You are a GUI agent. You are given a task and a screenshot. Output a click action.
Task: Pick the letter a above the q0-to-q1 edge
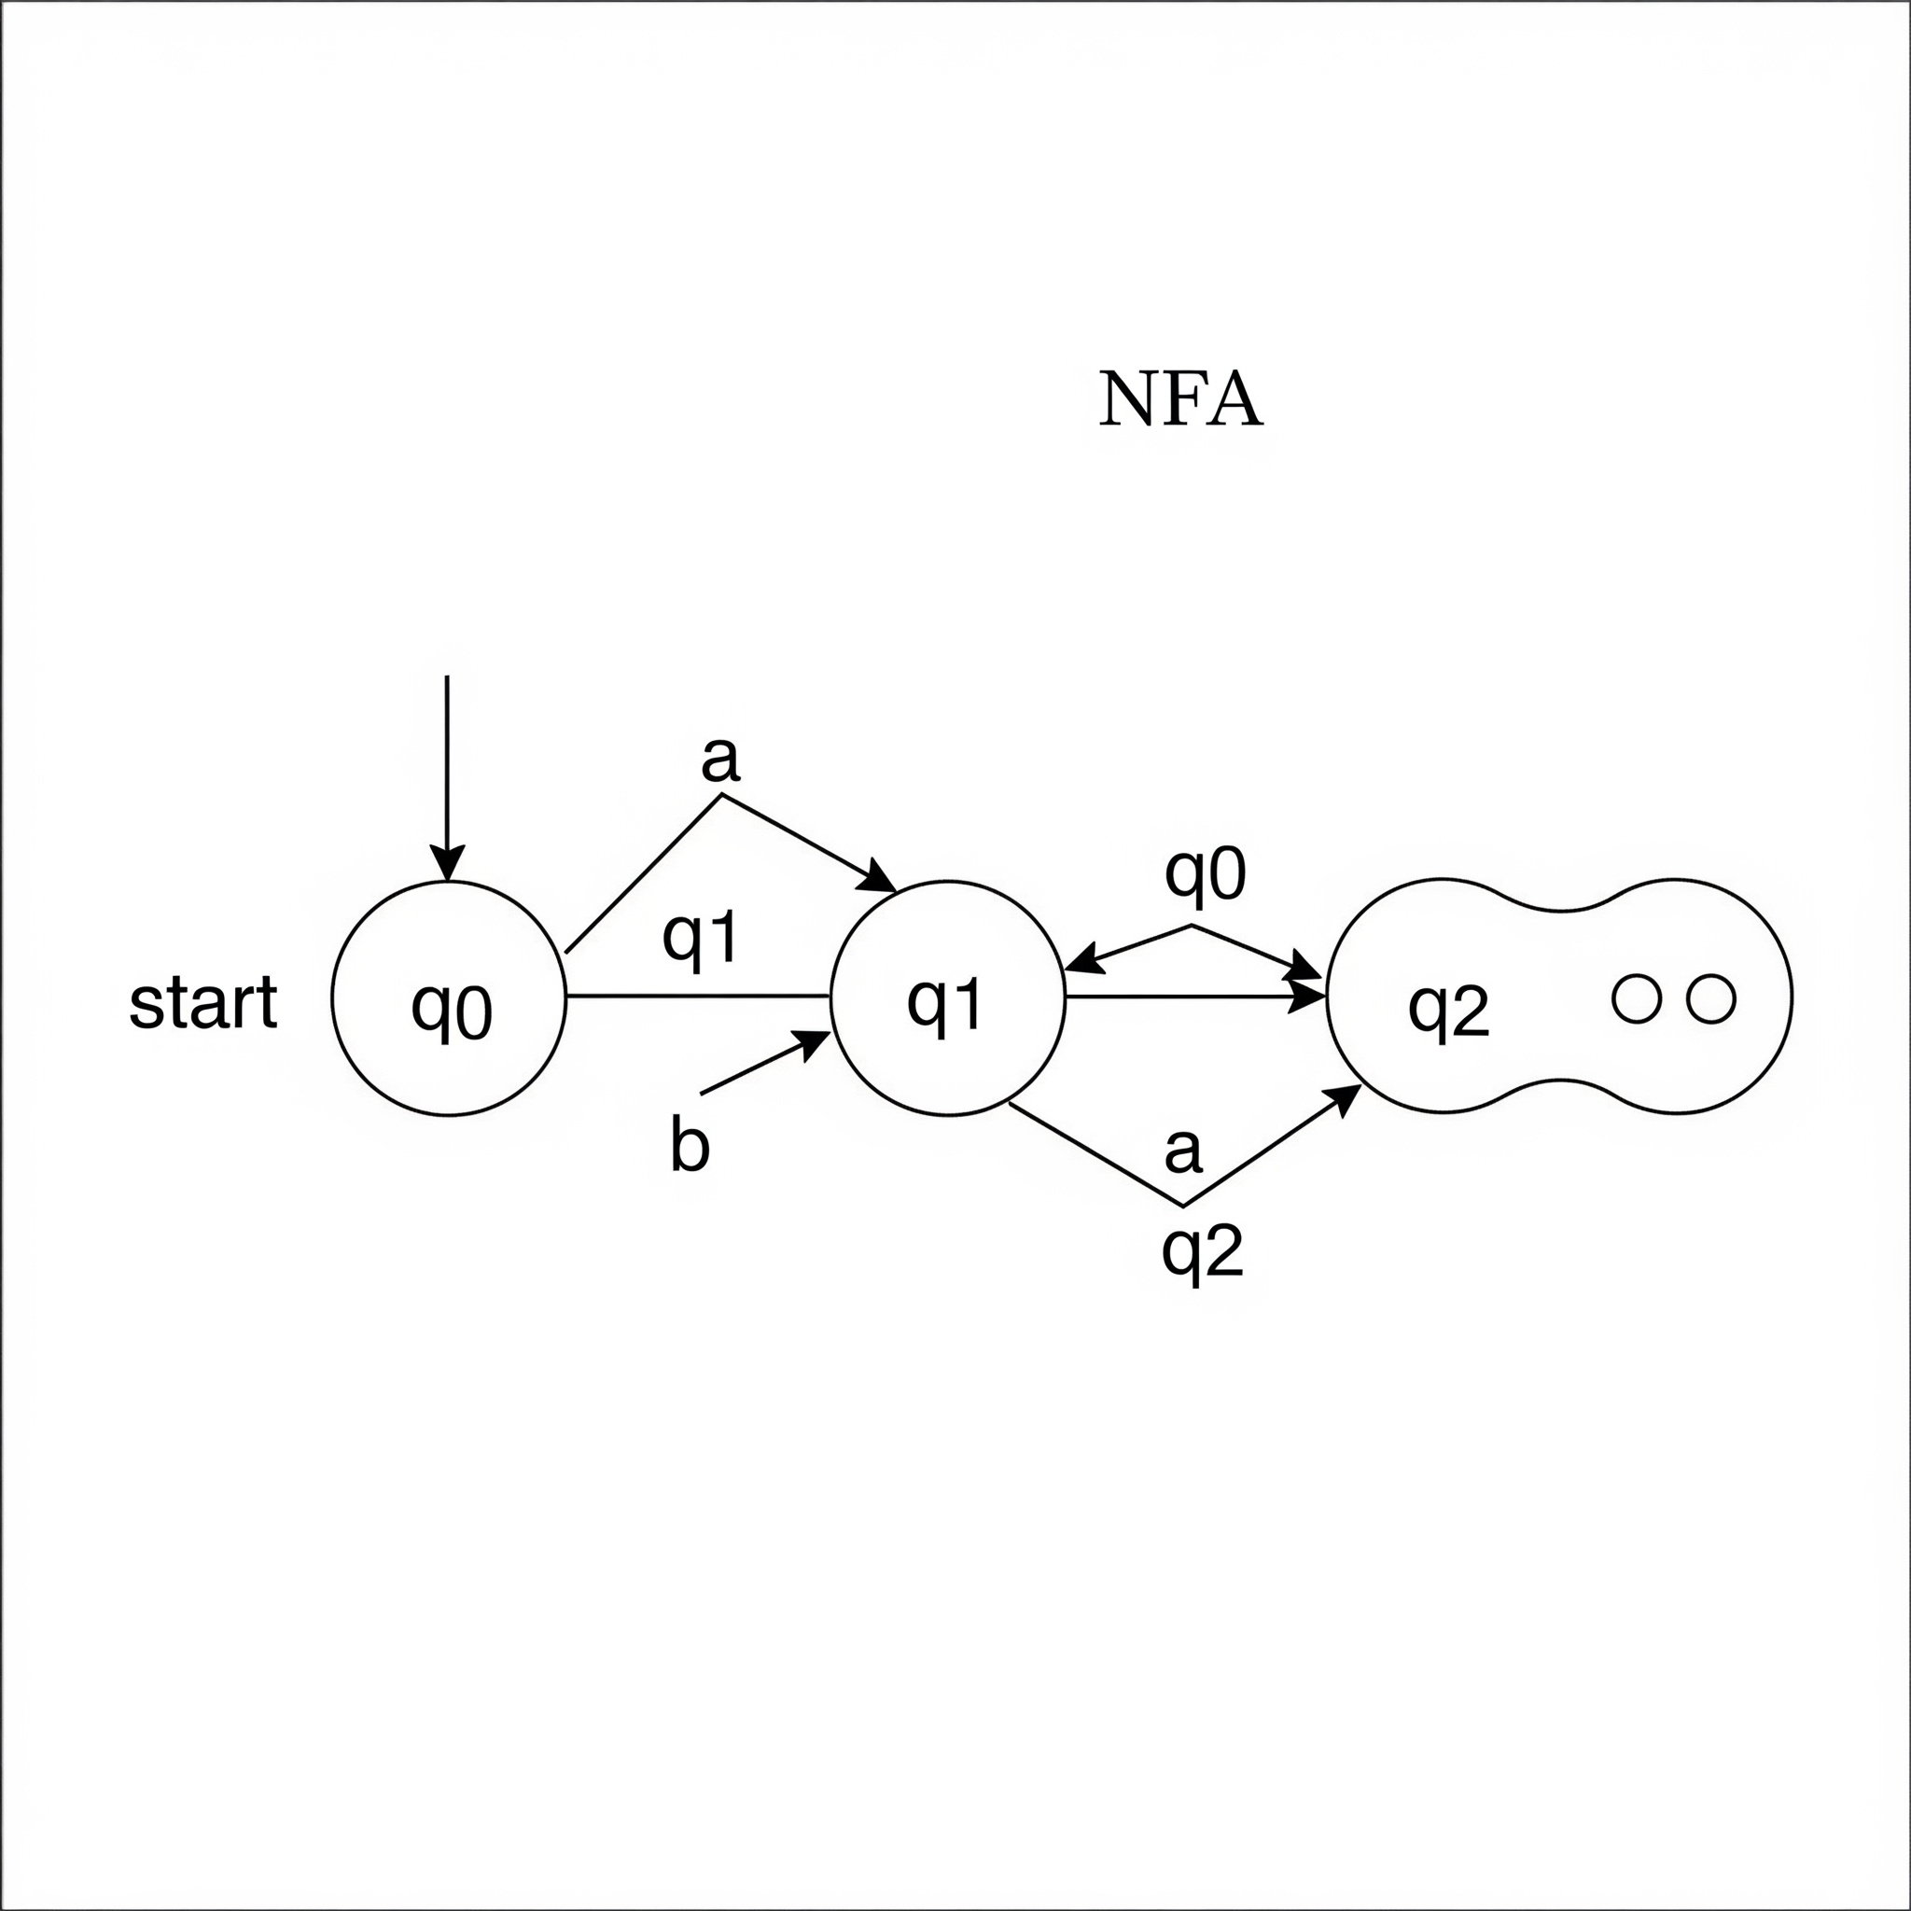tap(719, 760)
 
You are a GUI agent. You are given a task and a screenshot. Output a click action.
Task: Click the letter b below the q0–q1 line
tap(690, 1147)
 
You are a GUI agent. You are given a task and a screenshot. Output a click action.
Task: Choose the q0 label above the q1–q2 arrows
tap(1205, 874)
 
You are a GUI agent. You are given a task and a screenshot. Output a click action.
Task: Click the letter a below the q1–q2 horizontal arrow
tap(1183, 1150)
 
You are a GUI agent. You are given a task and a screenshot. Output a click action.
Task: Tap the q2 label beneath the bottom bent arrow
tap(1202, 1253)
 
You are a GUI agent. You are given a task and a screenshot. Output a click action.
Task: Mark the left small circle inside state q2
tap(1635, 999)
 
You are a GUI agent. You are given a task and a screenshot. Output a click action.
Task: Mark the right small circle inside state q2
tap(1711, 999)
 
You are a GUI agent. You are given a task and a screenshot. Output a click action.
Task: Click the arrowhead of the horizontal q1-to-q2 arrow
tap(1307, 997)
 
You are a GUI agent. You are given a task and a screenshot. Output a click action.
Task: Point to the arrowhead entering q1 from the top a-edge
tap(880, 877)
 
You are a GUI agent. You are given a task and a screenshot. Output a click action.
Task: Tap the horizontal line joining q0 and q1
tap(697, 996)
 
